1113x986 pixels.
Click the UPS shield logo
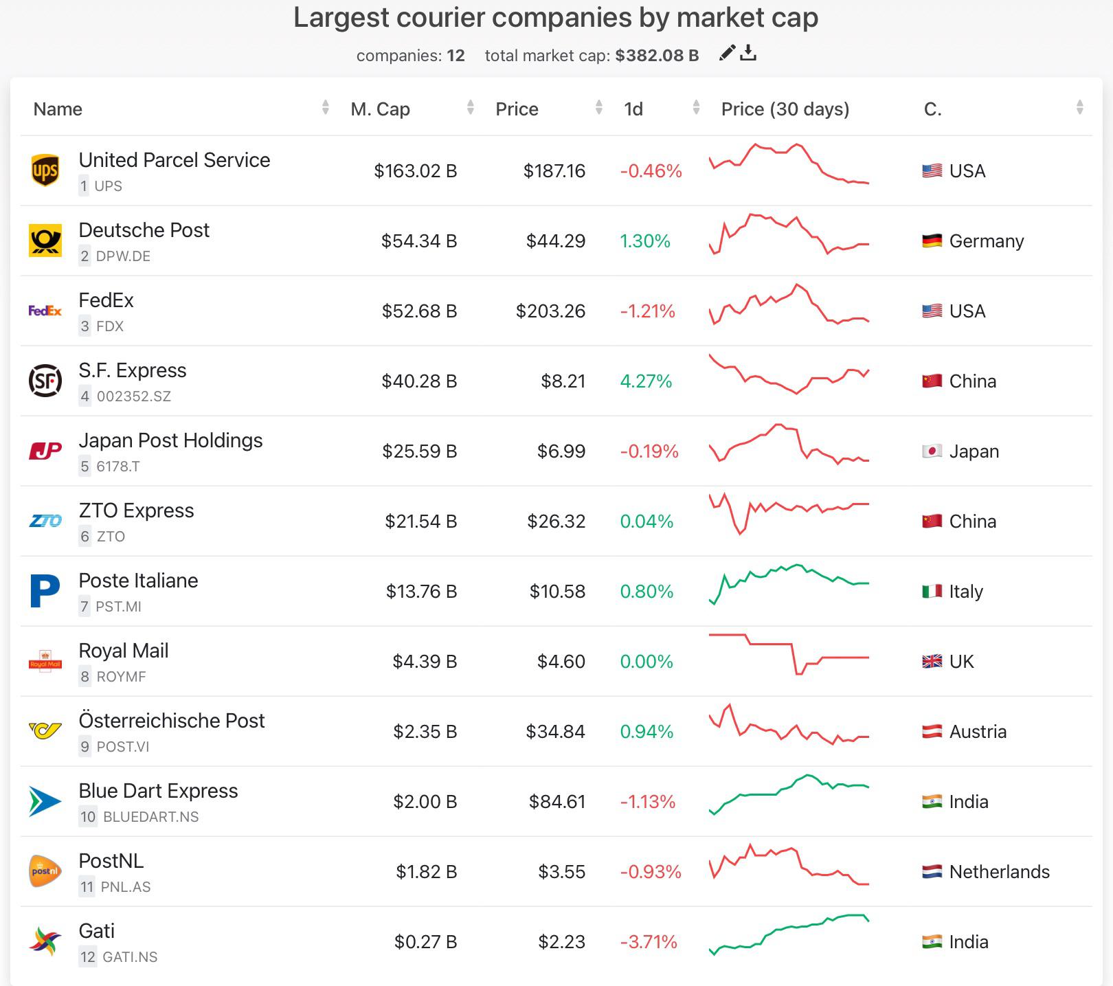(x=45, y=170)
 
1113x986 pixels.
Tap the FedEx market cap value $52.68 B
(x=419, y=311)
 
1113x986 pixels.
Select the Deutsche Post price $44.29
(x=555, y=241)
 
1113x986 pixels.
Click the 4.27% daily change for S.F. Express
(x=646, y=381)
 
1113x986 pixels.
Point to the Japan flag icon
(x=932, y=451)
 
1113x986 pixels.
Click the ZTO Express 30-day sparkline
(x=789, y=514)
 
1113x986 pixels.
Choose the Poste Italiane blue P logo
(x=45, y=591)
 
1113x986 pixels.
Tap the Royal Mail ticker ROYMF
(x=121, y=677)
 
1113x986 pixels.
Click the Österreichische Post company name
(x=171, y=721)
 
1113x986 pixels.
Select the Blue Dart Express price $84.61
(x=556, y=802)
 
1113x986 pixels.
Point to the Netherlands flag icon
(x=932, y=872)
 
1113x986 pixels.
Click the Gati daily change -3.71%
(x=649, y=942)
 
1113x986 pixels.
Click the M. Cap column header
(x=380, y=109)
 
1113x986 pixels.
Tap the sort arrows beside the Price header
(x=599, y=107)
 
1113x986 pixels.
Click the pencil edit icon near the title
(x=727, y=54)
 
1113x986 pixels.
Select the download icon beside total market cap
(x=749, y=54)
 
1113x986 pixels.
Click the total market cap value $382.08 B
(x=657, y=56)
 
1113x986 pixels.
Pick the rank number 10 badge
(x=88, y=817)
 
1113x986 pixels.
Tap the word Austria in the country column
(x=978, y=732)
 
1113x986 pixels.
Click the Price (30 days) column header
(x=785, y=109)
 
